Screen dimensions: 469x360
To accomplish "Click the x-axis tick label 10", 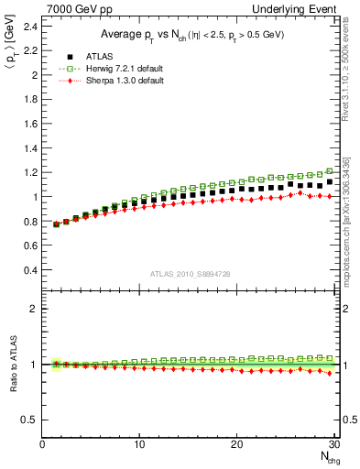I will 139,445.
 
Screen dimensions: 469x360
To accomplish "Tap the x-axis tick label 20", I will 236,445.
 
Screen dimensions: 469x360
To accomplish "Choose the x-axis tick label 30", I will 333,445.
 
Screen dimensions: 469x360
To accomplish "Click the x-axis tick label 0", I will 42,445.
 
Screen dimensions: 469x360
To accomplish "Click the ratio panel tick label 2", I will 34,309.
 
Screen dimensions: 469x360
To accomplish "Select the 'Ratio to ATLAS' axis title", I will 11,364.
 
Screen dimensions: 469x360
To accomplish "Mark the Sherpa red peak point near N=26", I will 300,192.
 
